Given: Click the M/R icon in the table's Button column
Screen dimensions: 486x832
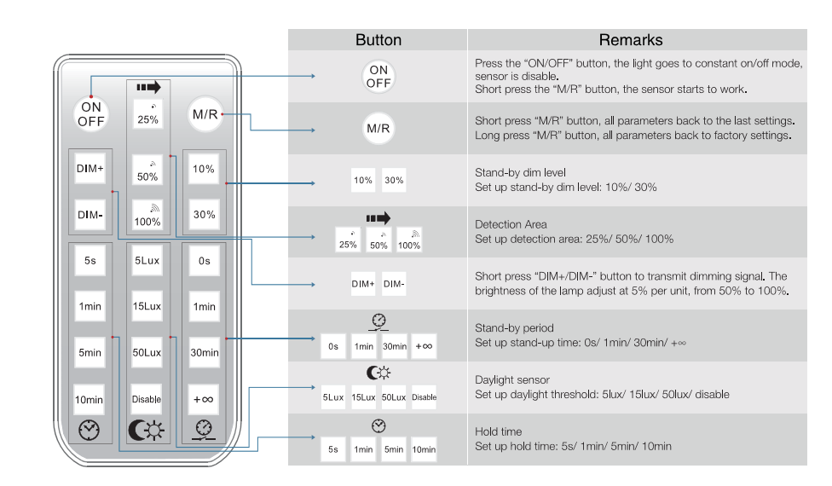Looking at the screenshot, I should (x=378, y=129).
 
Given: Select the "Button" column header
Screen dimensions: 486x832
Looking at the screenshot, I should (x=378, y=40).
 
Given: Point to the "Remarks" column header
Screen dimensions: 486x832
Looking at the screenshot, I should (x=630, y=40).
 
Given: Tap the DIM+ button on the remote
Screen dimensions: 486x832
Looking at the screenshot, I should (x=90, y=169).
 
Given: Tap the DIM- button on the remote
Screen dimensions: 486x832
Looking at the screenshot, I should (x=90, y=215).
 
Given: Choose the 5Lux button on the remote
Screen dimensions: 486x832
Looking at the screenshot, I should (x=147, y=262).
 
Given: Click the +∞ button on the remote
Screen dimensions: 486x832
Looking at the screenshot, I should (x=204, y=398).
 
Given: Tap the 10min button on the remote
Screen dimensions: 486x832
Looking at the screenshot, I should (x=90, y=398).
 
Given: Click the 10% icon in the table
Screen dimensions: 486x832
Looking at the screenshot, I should (x=363, y=181).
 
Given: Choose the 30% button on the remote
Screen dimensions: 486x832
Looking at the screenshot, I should (x=204, y=215).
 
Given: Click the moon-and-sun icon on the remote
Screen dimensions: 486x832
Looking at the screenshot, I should (x=147, y=428).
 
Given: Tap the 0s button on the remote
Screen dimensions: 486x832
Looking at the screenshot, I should (x=204, y=262).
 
